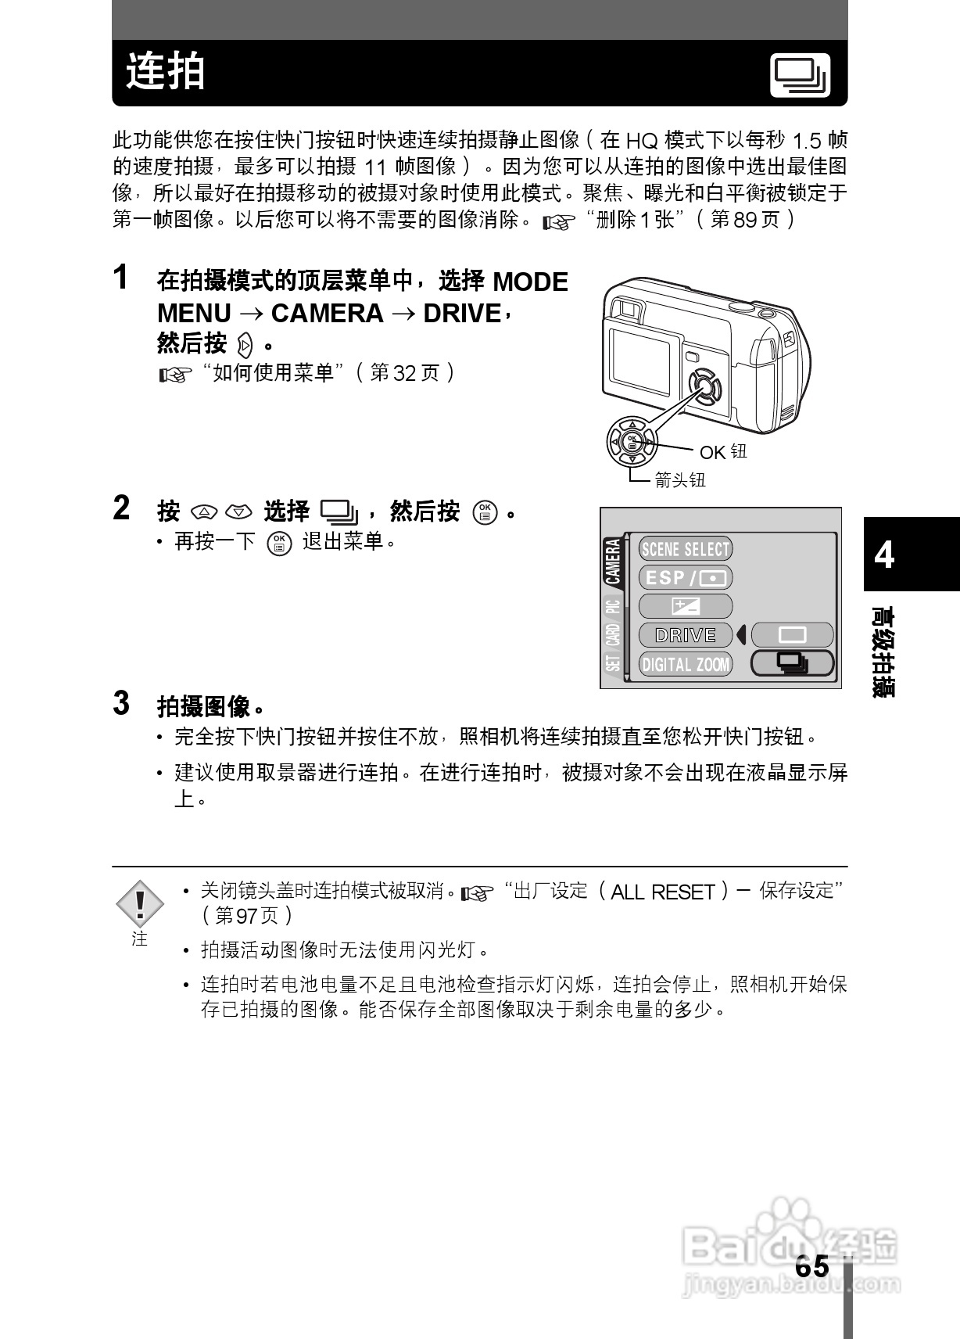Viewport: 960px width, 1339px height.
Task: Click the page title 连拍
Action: point(166,72)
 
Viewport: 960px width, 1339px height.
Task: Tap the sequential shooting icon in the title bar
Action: point(800,76)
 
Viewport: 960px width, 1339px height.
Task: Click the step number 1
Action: point(120,277)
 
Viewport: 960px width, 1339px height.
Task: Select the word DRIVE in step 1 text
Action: point(461,314)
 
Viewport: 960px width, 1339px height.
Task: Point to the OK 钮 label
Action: point(723,452)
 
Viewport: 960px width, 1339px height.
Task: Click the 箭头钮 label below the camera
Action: point(679,480)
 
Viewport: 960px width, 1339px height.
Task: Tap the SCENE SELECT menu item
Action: point(685,549)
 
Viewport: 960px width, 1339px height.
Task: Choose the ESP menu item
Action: point(685,578)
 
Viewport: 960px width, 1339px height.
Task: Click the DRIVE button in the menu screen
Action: point(685,635)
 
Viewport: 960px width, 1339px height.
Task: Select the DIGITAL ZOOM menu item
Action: point(685,664)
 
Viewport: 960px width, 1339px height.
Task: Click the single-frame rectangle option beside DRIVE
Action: point(792,634)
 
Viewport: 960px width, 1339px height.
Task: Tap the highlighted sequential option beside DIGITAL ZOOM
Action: point(792,664)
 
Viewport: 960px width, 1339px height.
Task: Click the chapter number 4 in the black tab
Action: point(884,555)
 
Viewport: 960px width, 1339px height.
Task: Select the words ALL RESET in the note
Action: point(662,892)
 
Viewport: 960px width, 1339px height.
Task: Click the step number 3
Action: point(121,703)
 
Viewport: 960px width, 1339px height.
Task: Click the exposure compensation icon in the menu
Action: point(685,606)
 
